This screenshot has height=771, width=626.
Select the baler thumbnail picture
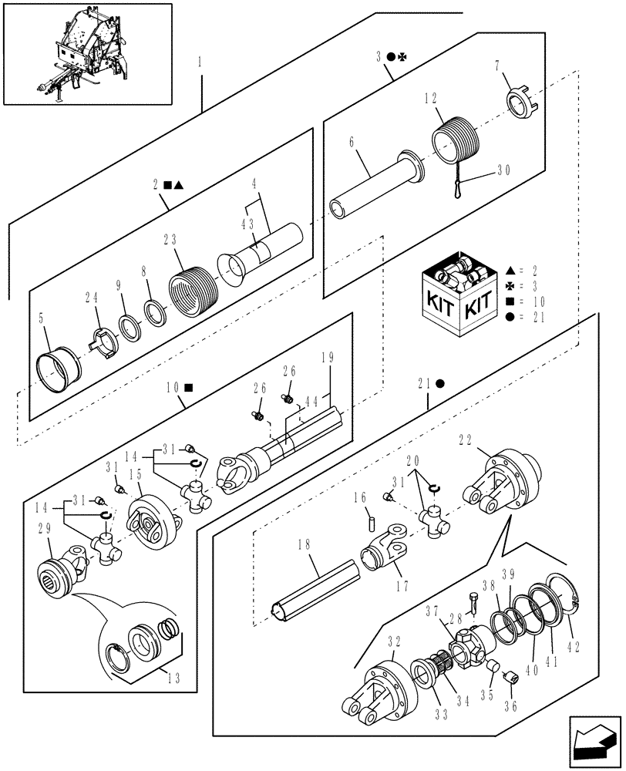click(x=86, y=54)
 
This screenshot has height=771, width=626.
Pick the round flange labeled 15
click(x=155, y=524)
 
